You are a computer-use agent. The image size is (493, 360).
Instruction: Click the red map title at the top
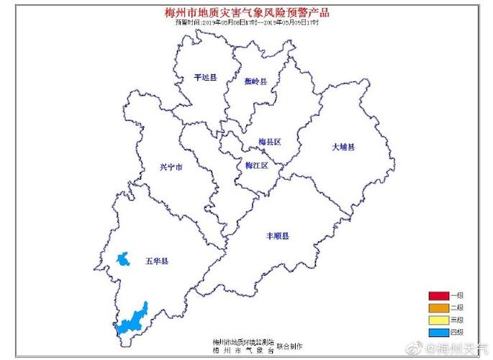pos(246,12)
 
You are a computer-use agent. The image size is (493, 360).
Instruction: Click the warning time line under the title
pos(246,22)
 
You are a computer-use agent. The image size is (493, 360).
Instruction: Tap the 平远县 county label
pos(205,77)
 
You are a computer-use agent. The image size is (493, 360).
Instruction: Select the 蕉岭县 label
pos(255,82)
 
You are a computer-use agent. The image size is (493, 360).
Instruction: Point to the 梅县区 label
pos(269,141)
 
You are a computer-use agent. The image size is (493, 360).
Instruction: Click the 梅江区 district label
pos(256,166)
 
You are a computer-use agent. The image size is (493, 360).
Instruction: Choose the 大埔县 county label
pos(343,147)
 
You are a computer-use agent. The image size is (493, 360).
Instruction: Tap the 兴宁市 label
pos(171,167)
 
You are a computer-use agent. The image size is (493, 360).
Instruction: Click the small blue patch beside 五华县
pos(124,258)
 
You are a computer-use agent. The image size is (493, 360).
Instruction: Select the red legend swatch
pos(438,296)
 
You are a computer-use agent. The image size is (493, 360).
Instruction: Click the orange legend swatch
pos(438,307)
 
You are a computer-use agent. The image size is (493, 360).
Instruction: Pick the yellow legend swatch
pos(438,319)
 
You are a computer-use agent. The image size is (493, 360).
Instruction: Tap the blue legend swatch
pos(438,331)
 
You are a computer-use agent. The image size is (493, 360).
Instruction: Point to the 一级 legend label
pos(456,296)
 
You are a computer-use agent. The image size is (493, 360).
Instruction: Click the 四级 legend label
pos(456,331)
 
